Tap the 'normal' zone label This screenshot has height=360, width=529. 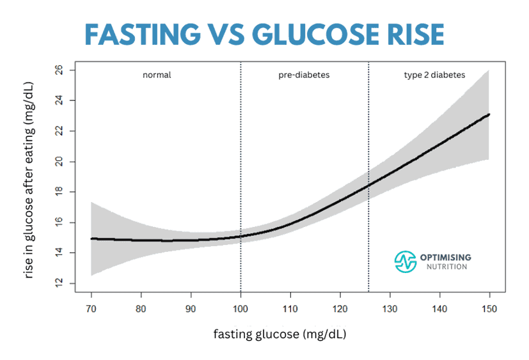click(157, 75)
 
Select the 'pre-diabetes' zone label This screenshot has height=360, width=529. click(303, 75)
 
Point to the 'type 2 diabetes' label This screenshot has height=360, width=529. click(434, 75)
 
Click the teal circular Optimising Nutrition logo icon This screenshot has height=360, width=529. click(405, 261)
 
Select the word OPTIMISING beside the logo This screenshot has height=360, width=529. click(446, 257)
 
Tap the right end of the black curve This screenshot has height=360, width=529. click(489, 114)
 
